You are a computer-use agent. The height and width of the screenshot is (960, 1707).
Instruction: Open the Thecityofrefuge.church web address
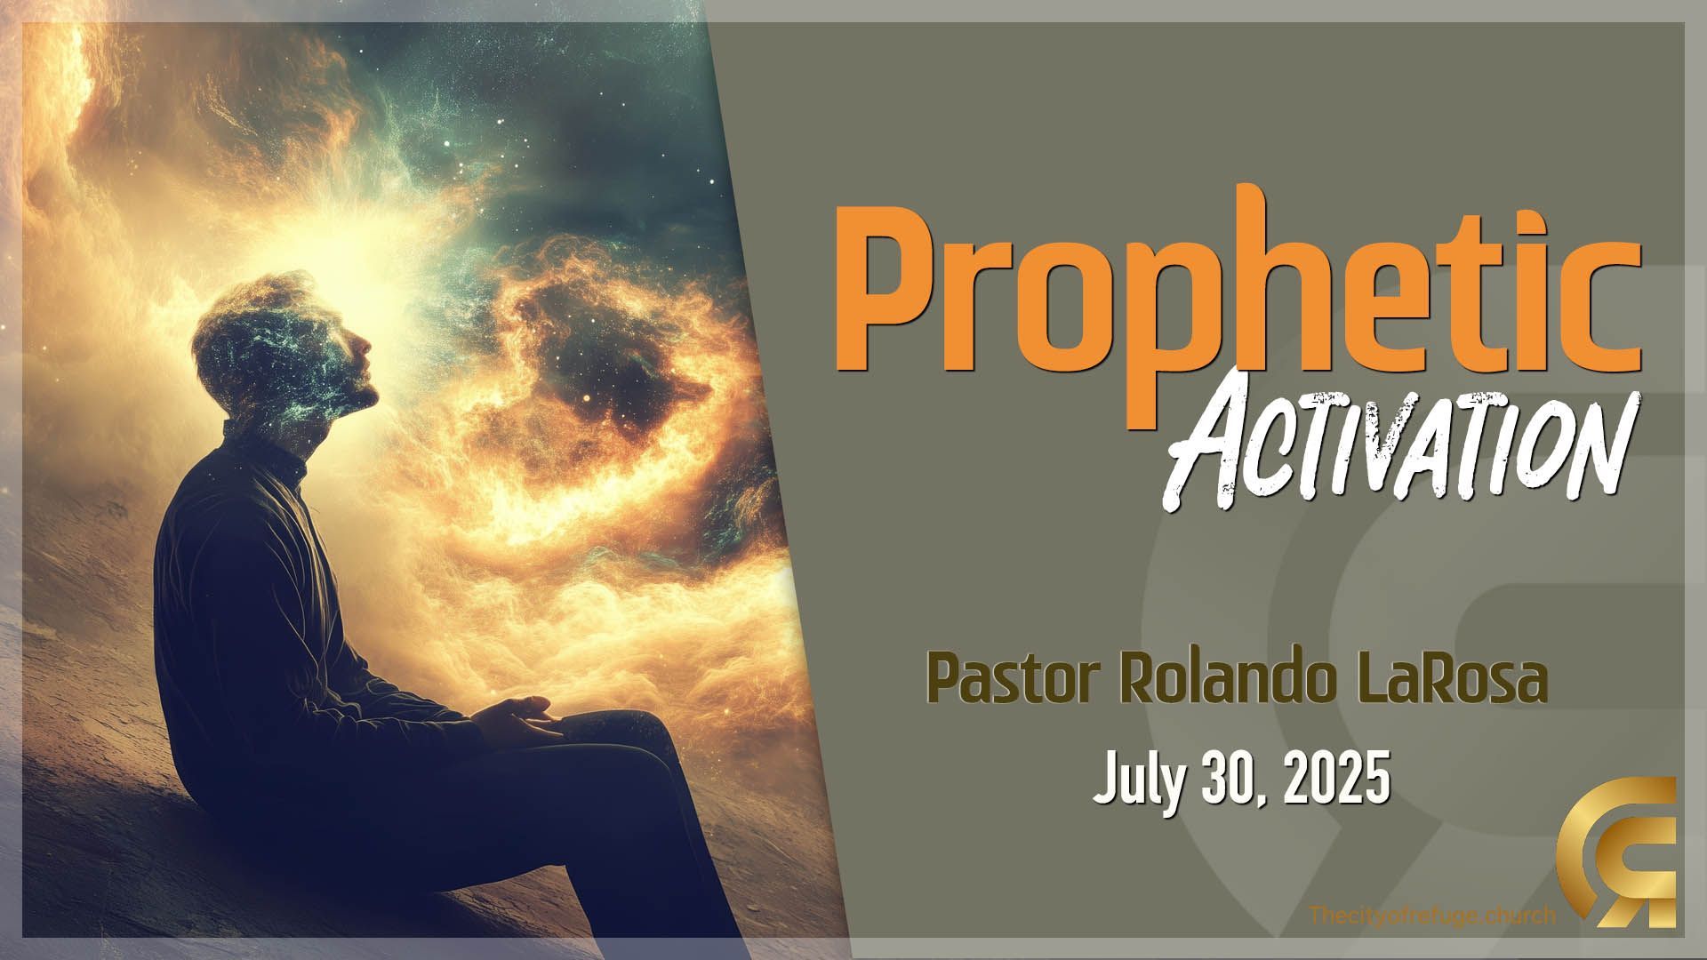(x=1433, y=915)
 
